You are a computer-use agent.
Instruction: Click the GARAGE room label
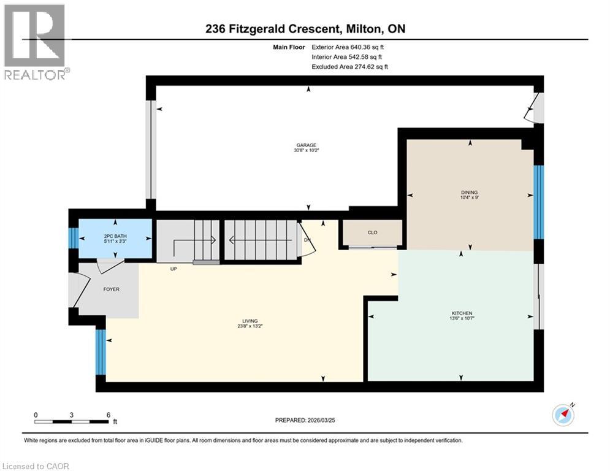308,145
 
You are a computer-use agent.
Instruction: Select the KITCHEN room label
461,313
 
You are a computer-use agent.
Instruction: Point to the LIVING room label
250,321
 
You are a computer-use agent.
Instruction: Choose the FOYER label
110,289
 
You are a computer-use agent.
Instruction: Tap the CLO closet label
372,232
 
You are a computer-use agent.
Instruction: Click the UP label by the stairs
174,268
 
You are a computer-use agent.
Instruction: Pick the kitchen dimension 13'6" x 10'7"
461,318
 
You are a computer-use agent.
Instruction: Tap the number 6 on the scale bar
108,415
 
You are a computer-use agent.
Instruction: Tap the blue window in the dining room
538,202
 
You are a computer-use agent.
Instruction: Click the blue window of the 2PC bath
73,238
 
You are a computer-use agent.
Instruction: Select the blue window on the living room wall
101,352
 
